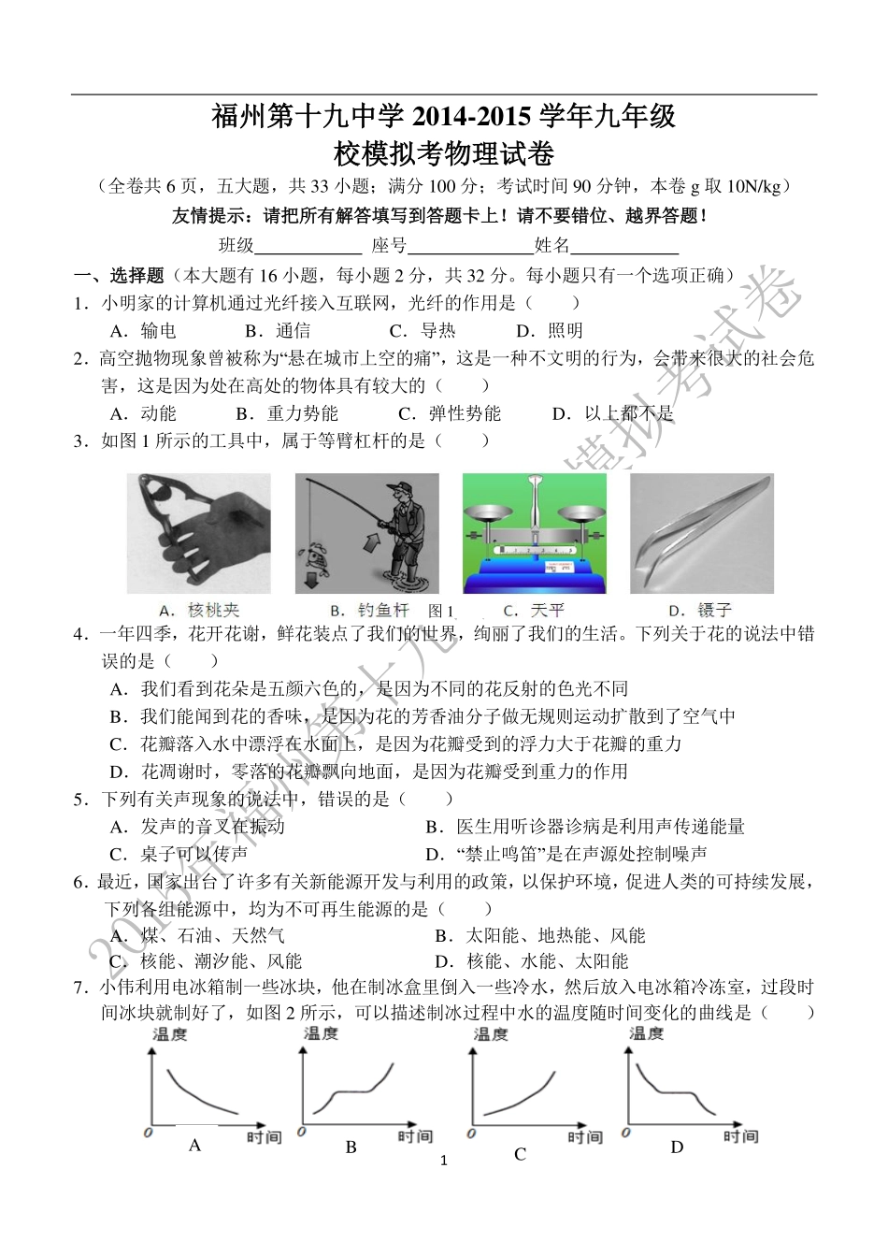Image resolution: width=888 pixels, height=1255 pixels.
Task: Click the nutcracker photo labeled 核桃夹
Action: pos(198,533)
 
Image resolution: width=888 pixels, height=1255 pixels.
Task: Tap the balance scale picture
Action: pos(534,533)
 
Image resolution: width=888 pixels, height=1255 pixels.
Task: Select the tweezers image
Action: pos(701,533)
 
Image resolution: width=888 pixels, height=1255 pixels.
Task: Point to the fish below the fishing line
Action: pos(316,558)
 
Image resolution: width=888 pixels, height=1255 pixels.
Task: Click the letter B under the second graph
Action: pos(351,1147)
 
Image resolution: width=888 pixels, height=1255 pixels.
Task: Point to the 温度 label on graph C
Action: pos(492,1033)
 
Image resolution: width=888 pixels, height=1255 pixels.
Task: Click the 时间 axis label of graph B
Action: pos(414,1136)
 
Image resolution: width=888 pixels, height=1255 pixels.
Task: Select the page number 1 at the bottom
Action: pos(444,1161)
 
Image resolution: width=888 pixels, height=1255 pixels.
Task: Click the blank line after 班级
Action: pos(308,246)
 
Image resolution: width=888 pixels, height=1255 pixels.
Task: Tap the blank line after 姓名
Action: pos(623,246)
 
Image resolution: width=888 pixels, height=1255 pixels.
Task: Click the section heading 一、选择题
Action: pos(120,275)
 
